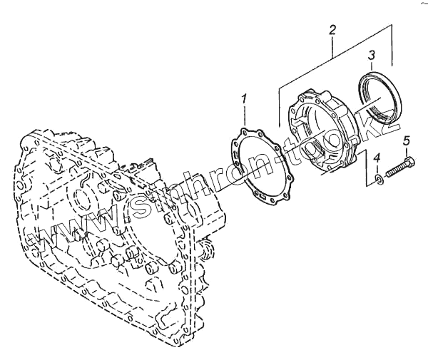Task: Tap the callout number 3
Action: click(372, 54)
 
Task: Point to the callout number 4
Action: click(377, 158)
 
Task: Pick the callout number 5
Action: click(406, 140)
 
